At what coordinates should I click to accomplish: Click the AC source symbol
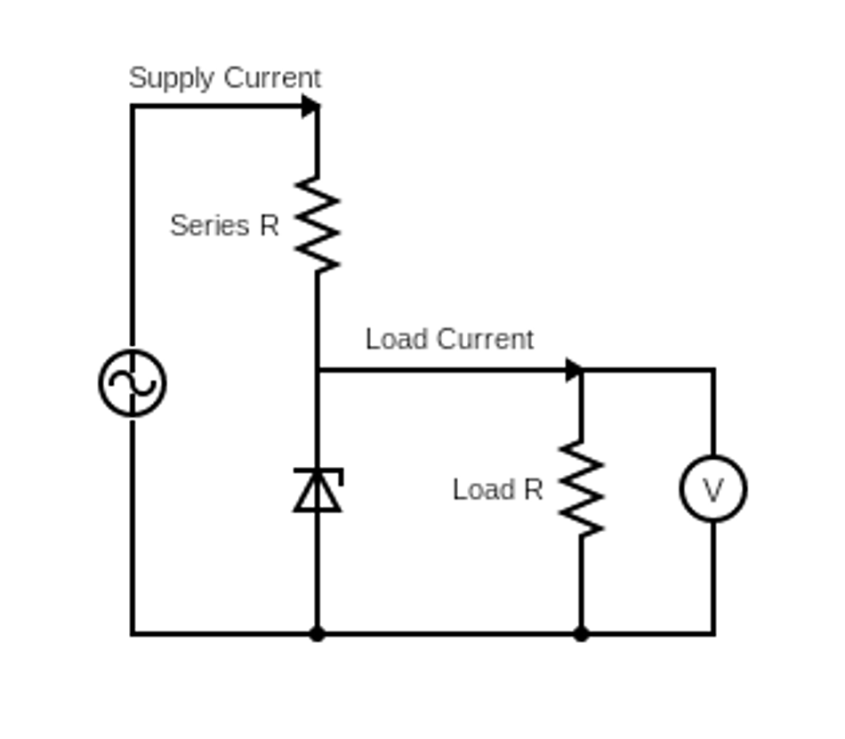[x=133, y=382]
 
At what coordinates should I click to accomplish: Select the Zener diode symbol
[x=318, y=490]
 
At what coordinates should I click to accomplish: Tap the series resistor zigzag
[x=318, y=224]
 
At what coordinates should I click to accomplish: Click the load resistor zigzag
[x=582, y=488]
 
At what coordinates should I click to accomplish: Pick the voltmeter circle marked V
[x=713, y=488]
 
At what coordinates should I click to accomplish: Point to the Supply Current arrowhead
[x=310, y=107]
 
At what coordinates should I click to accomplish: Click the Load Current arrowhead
[x=575, y=370]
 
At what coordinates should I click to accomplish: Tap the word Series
[x=209, y=226]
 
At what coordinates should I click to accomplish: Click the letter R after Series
[x=270, y=226]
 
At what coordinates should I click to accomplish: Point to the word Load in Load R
[x=484, y=490]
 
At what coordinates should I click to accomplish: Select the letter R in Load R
[x=533, y=490]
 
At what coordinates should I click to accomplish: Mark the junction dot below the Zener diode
[x=318, y=634]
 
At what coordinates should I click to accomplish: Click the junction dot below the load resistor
[x=582, y=634]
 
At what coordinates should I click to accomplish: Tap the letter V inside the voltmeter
[x=713, y=489]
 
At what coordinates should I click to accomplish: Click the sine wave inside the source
[x=133, y=383]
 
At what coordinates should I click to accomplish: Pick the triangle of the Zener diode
[x=318, y=494]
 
